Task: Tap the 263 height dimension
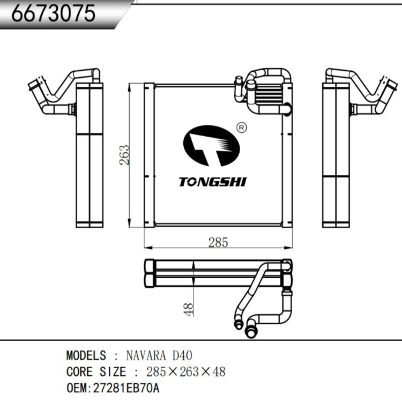pyautogui.click(x=124, y=155)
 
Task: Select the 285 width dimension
pyautogui.click(x=218, y=242)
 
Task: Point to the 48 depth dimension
pyautogui.click(x=188, y=309)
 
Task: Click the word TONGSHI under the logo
pyautogui.click(x=212, y=182)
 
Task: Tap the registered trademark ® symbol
pyautogui.click(x=241, y=128)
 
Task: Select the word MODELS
pyautogui.click(x=86, y=356)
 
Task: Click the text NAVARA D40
pyautogui.click(x=159, y=356)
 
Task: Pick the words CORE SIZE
pyautogui.click(x=96, y=371)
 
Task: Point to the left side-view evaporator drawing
pyautogui.click(x=88, y=155)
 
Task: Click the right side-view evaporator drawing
pyautogui.click(x=338, y=155)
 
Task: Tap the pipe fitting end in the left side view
pyautogui.click(x=35, y=85)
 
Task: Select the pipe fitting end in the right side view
pyautogui.click(x=390, y=85)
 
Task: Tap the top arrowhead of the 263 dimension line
pyautogui.click(x=129, y=86)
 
